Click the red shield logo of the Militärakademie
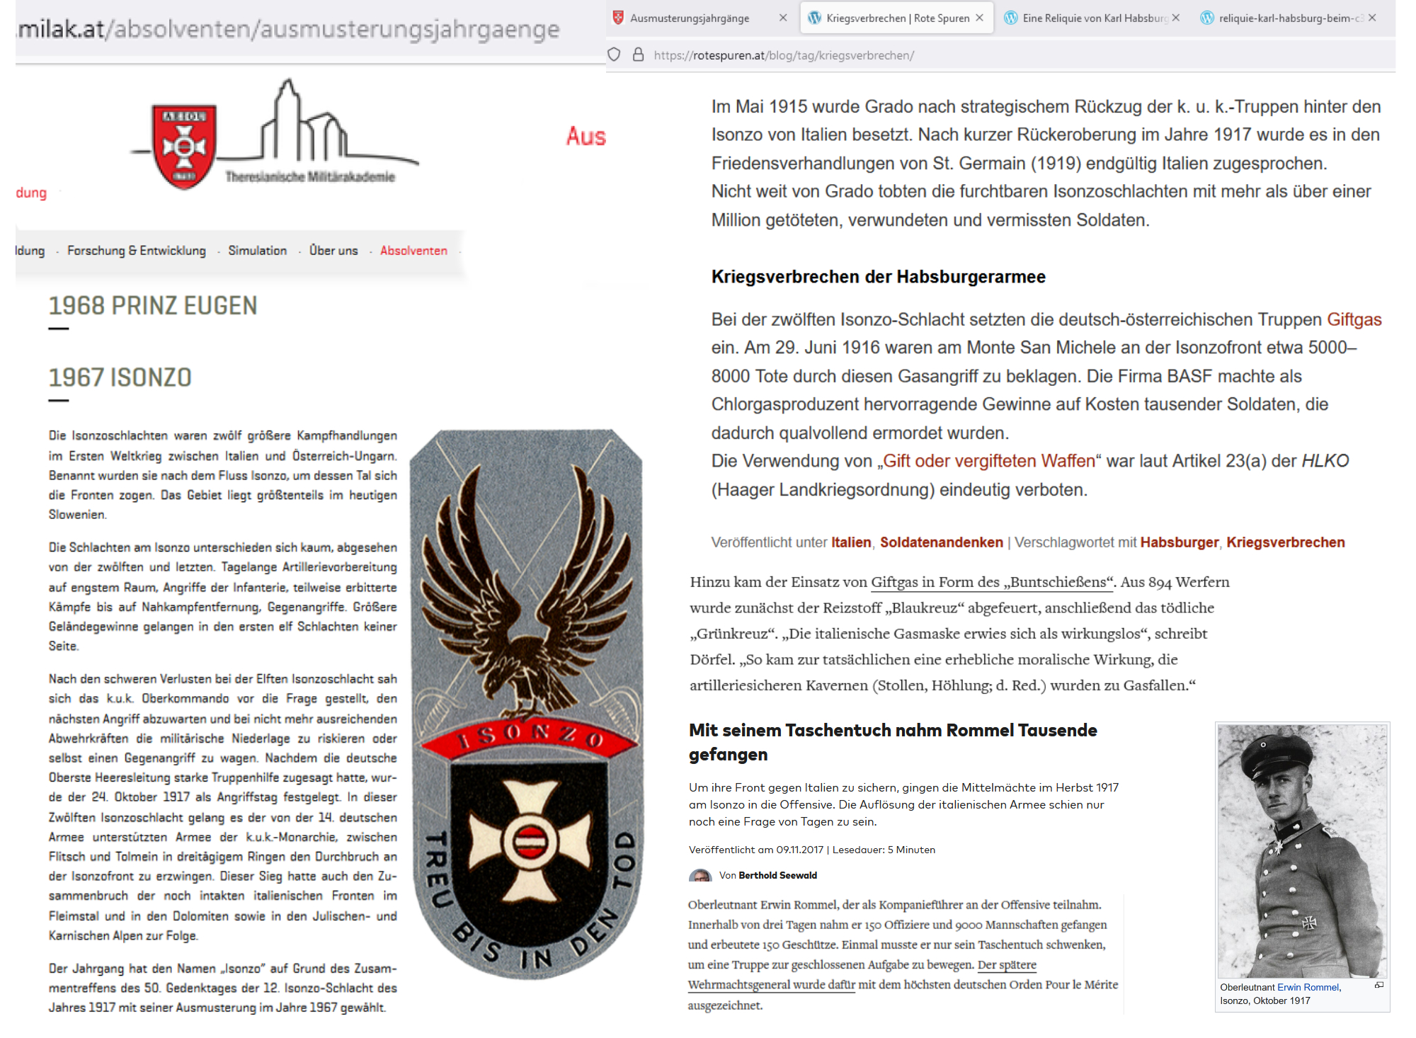click(x=184, y=146)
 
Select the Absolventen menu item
click(x=413, y=251)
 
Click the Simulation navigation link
click(x=257, y=251)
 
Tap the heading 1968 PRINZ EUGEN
click(x=153, y=306)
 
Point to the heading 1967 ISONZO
click(x=120, y=377)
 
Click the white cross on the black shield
click(x=529, y=840)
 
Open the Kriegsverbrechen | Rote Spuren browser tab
click(x=897, y=18)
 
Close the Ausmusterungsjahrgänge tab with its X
click(x=782, y=18)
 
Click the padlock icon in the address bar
click(x=638, y=55)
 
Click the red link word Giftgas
click(x=1354, y=319)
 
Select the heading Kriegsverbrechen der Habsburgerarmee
click(x=878, y=277)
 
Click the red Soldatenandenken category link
click(x=941, y=542)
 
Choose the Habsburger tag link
click(x=1179, y=542)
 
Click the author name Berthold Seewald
click(x=777, y=876)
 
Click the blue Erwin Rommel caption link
click(x=1308, y=987)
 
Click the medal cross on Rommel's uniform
click(x=1310, y=922)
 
